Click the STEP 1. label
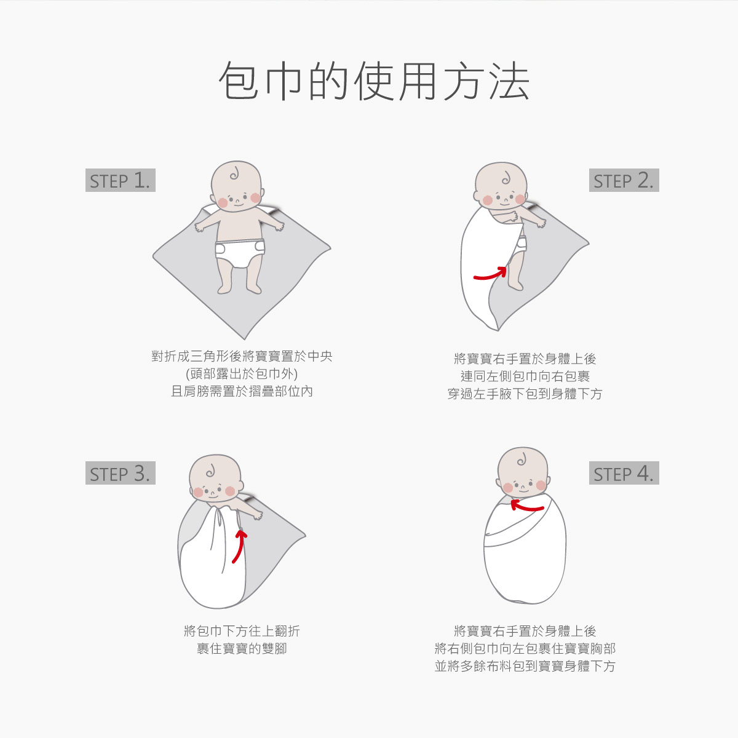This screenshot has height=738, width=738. coord(121,180)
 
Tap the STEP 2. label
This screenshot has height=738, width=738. coord(624,180)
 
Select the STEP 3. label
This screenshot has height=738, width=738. coord(121,473)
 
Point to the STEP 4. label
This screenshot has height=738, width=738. coord(624,473)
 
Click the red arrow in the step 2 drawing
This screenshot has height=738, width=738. coord(491,276)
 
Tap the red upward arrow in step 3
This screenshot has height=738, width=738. coord(240,546)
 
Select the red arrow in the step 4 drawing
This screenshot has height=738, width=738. coord(526,507)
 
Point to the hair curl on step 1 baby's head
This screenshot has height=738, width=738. coord(234,174)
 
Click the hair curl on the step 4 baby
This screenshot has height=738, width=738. coord(522,459)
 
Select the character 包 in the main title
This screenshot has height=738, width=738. coord(238,81)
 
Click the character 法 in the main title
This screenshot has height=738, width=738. coord(510,81)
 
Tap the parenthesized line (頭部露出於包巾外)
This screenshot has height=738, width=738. coord(242,374)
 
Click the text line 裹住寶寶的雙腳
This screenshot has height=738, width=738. coord(242,648)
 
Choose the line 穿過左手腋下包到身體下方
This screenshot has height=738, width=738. coord(525,394)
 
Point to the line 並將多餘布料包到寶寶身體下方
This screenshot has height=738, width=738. coord(525,666)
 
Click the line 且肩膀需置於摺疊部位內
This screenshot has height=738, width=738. coord(242,391)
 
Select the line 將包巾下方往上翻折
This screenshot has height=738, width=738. coord(242,631)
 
